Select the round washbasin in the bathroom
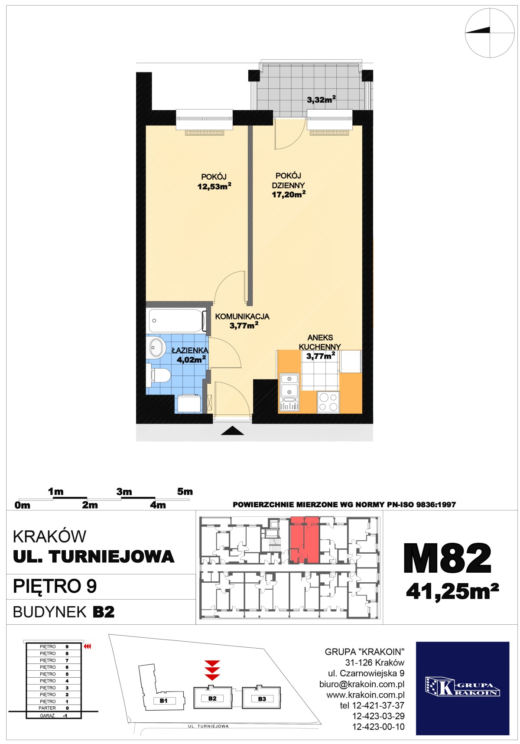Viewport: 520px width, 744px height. coord(156,348)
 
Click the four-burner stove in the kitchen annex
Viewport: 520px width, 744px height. coord(328,401)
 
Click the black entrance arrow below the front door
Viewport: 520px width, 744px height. coord(232,431)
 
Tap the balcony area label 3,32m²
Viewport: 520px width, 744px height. coord(321,100)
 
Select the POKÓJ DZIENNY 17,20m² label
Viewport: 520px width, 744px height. coord(288,185)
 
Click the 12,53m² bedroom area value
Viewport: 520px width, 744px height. coord(214,186)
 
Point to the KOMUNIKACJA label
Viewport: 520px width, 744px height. coord(242,317)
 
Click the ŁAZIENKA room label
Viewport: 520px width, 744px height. coord(190,350)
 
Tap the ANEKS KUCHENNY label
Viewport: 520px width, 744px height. coord(320,342)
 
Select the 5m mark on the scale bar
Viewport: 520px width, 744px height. coord(185,492)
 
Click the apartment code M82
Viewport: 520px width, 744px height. coord(447,558)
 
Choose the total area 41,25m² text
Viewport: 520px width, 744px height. coord(452,591)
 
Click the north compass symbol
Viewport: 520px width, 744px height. coord(490,33)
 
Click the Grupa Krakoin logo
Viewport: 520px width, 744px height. coord(462,688)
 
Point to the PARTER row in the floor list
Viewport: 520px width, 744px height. coord(54,708)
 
